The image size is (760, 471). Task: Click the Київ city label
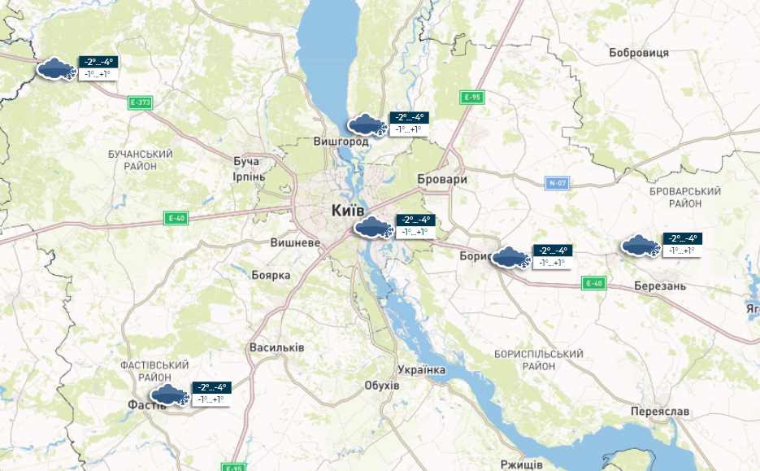pyautogui.click(x=348, y=211)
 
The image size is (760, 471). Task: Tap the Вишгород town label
pyautogui.click(x=341, y=142)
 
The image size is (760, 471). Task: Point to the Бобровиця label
pyautogui.click(x=638, y=53)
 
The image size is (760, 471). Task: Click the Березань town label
pyautogui.click(x=660, y=286)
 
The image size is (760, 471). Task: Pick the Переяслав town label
pyautogui.click(x=659, y=412)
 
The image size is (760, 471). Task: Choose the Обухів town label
pyautogui.click(x=382, y=385)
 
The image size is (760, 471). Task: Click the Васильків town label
pyautogui.click(x=276, y=347)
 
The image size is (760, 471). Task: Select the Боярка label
pyautogui.click(x=271, y=275)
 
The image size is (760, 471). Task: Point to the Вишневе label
pyautogui.click(x=295, y=242)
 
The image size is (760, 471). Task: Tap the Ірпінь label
pyautogui.click(x=248, y=177)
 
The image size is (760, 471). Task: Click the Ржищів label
pyautogui.click(x=522, y=464)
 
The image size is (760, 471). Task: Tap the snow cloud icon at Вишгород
pyautogui.click(x=366, y=125)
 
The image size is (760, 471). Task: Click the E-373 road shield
pyautogui.click(x=141, y=102)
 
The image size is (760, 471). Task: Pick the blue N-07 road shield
pyautogui.click(x=557, y=183)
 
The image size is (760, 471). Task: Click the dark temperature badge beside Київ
pyautogui.click(x=416, y=220)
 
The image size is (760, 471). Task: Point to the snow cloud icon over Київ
pyautogui.click(x=374, y=227)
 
